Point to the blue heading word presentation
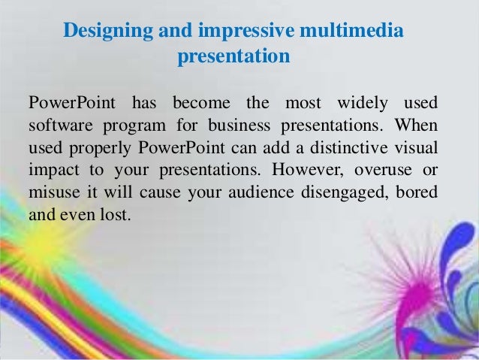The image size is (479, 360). tap(233, 56)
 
